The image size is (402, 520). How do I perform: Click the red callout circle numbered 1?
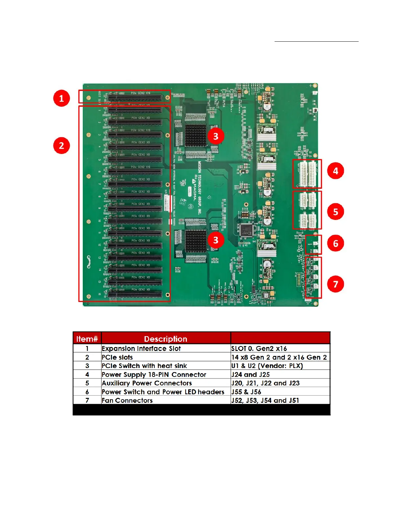click(x=61, y=98)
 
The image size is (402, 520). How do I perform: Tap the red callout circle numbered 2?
click(x=61, y=145)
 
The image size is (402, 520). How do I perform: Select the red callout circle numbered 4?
click(x=335, y=171)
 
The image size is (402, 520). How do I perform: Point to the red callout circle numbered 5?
click(x=335, y=212)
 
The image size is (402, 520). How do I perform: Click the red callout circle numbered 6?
click(x=335, y=243)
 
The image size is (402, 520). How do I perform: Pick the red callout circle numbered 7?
click(x=335, y=284)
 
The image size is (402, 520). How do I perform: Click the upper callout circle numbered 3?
click(x=215, y=136)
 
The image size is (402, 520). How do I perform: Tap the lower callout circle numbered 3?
click(x=215, y=240)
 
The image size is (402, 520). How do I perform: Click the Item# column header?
click(x=87, y=338)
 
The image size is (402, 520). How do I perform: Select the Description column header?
click(x=166, y=338)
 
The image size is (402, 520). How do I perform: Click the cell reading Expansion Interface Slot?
click(x=141, y=348)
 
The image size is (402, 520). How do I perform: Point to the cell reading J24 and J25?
click(x=250, y=374)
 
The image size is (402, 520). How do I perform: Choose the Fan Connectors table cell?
click(x=127, y=400)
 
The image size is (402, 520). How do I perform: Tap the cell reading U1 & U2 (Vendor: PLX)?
click(x=267, y=366)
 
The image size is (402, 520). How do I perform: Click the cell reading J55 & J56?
click(x=246, y=392)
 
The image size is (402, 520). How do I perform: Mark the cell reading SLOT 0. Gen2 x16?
click(x=259, y=348)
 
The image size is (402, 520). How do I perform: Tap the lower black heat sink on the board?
click(x=195, y=241)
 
